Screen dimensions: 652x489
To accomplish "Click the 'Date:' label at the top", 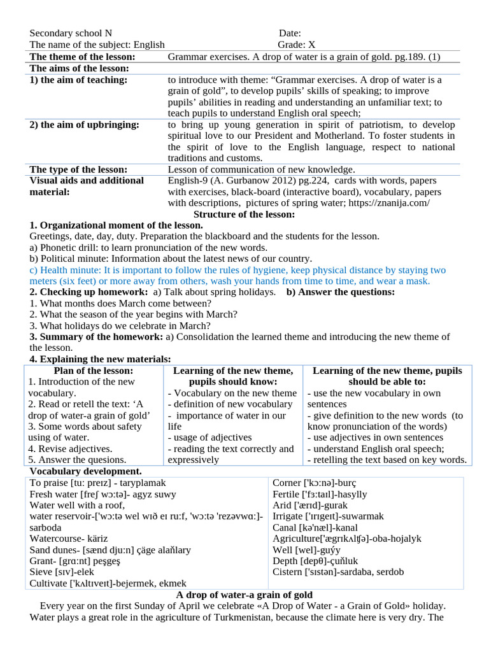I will click(x=290, y=33).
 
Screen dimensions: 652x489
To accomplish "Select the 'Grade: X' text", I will click(x=296, y=45).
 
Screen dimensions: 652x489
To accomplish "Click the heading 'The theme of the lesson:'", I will click(x=87, y=57).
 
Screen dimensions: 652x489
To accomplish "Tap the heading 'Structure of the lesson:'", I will click(x=244, y=215).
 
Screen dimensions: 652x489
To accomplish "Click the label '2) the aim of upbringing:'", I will click(x=85, y=125).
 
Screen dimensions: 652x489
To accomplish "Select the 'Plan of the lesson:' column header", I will click(x=94, y=371).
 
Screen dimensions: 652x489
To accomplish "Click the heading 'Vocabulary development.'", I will click(x=85, y=471).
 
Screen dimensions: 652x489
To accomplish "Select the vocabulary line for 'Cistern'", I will click(x=337, y=572).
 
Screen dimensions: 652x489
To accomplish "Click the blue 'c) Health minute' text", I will click(x=237, y=270).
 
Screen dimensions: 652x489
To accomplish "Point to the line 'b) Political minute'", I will click(x=171, y=259).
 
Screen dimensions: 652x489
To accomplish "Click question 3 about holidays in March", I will click(x=120, y=325).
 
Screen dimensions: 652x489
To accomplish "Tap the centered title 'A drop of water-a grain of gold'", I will click(x=244, y=595).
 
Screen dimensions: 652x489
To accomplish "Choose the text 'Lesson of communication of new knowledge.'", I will click(x=261, y=169).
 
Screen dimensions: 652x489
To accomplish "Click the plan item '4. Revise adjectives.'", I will click(x=70, y=449).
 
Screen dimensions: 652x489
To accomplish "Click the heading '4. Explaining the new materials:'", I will click(x=100, y=359).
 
